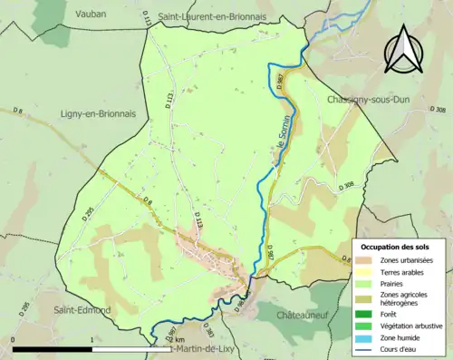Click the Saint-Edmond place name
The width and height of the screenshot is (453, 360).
tap(82, 310)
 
